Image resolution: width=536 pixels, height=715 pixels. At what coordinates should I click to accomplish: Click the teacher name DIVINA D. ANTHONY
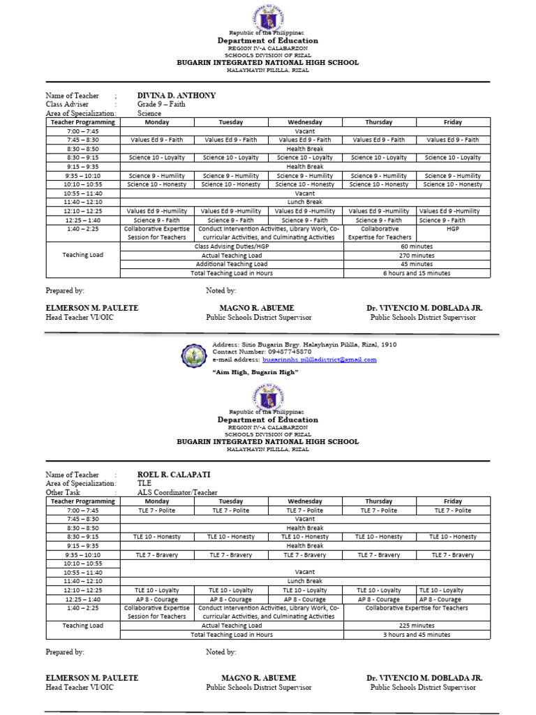[x=176, y=96]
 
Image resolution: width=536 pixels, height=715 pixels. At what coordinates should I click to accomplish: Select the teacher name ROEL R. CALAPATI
[x=173, y=475]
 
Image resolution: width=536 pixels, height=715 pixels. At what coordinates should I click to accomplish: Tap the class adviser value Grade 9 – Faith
[x=160, y=104]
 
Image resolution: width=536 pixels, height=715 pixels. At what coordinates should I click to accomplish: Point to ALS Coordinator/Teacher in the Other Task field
[x=177, y=492]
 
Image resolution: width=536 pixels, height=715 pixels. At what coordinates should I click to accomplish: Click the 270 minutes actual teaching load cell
[x=417, y=256]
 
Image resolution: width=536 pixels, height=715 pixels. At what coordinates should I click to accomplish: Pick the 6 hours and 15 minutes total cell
[x=417, y=273]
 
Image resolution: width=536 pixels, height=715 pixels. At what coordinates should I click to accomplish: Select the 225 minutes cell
[x=417, y=626]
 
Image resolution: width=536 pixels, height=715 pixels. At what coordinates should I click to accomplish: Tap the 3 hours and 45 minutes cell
[x=417, y=635]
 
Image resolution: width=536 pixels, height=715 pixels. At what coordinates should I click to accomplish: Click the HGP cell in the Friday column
[x=453, y=228]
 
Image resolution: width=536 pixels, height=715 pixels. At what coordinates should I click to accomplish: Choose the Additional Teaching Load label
[x=231, y=264]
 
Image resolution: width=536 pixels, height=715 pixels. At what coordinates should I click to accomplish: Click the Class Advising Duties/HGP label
[x=231, y=246]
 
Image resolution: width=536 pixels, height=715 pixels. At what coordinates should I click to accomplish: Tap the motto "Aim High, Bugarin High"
[x=255, y=372]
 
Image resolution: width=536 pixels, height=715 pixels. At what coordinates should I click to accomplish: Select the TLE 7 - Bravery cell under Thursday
[x=379, y=555]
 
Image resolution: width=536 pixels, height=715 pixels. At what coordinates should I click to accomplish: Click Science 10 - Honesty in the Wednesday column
[x=305, y=184]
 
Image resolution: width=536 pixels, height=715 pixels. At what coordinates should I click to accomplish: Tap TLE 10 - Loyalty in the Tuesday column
[x=231, y=590]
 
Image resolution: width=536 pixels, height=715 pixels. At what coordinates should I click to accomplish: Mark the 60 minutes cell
[x=417, y=246]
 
